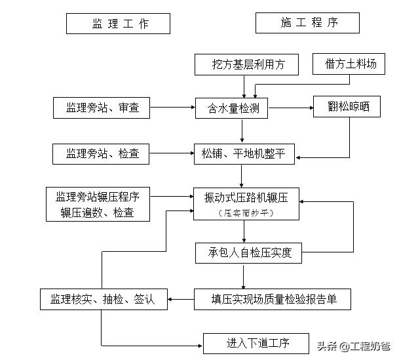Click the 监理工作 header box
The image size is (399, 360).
(x=118, y=24)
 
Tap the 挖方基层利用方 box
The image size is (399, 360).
(x=246, y=65)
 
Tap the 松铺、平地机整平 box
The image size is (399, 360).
(x=244, y=154)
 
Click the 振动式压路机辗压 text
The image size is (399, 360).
(x=246, y=197)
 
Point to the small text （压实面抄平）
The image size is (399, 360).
(x=246, y=213)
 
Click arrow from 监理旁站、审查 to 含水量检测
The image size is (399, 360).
(x=172, y=107)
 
